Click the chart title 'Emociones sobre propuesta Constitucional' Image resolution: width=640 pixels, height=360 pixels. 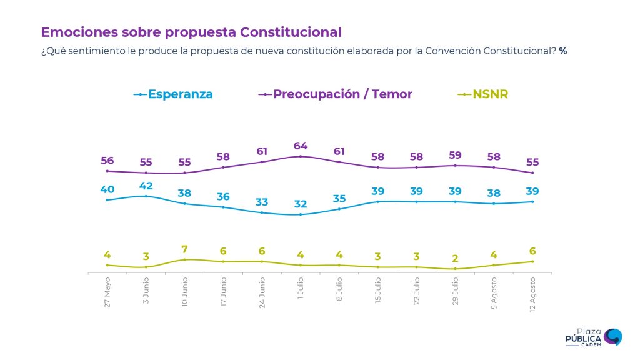pyautogui.click(x=191, y=32)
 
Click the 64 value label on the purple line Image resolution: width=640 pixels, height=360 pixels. pyautogui.click(x=301, y=146)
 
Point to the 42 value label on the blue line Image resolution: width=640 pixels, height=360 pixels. pyautogui.click(x=146, y=186)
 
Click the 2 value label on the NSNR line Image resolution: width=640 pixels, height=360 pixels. pyautogui.click(x=456, y=259)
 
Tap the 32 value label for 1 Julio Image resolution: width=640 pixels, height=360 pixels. pyautogui.click(x=301, y=204)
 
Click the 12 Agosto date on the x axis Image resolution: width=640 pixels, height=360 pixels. pyautogui.click(x=533, y=294)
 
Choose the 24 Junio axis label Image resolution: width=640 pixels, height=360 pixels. pyautogui.click(x=262, y=293)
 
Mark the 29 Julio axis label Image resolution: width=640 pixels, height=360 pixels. pyautogui.click(x=456, y=291)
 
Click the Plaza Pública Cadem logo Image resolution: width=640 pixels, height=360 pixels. pyautogui.click(x=593, y=337)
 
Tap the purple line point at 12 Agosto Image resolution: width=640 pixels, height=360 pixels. pyautogui.click(x=532, y=172)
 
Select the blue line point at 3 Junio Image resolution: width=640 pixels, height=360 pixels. pyautogui.click(x=146, y=196)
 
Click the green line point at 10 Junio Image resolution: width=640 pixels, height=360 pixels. pyautogui.click(x=185, y=259)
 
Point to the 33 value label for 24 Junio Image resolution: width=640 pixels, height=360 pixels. pyautogui.click(x=262, y=202)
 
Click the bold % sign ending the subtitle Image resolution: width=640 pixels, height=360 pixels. pyautogui.click(x=563, y=51)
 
